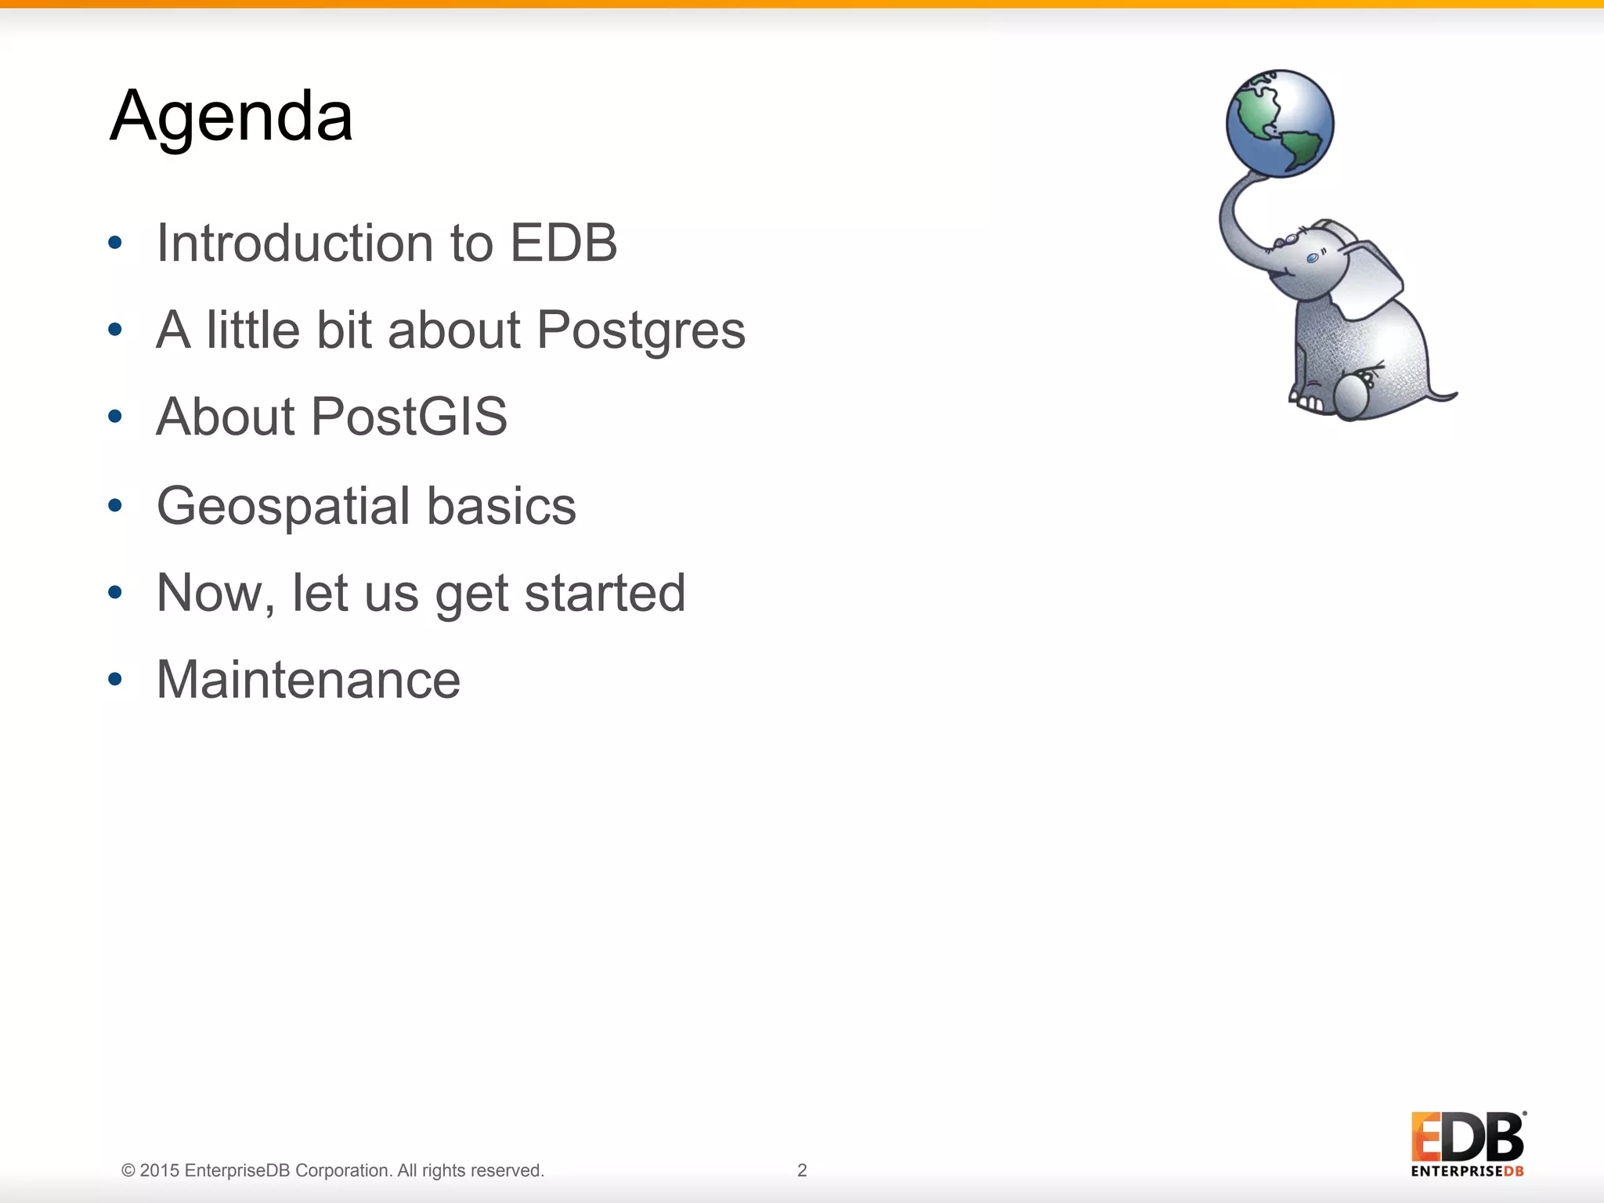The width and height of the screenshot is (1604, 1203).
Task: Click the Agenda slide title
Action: coord(231,116)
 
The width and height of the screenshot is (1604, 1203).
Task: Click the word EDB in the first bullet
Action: coord(563,243)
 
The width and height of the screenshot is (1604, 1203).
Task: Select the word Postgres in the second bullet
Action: coord(641,330)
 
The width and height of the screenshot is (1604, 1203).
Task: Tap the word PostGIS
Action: coord(409,416)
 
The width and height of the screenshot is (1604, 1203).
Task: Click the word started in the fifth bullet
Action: coord(605,593)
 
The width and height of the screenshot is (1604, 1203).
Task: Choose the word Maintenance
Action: coord(308,680)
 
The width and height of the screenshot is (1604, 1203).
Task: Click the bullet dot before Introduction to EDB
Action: coord(115,243)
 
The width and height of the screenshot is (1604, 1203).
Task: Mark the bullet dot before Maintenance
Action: coord(115,679)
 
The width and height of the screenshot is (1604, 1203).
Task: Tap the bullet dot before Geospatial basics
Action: coord(115,505)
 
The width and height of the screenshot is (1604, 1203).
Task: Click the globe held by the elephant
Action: coord(1279,123)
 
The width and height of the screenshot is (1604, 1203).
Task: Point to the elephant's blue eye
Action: coord(1313,258)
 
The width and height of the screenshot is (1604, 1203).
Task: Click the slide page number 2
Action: coord(801,1170)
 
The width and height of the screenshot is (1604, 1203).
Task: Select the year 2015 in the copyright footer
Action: coord(160,1170)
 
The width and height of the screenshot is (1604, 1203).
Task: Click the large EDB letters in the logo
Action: coord(1467,1137)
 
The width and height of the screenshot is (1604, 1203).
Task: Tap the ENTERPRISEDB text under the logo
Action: coord(1467,1172)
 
